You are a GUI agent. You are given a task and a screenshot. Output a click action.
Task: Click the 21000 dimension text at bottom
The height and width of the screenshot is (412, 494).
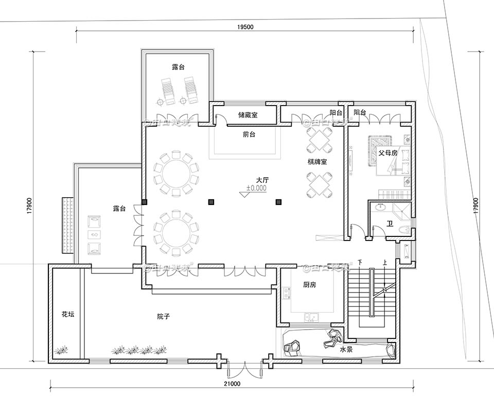tap(232, 384)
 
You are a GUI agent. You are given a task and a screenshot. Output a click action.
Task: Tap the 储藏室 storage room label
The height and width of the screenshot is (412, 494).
tap(248, 115)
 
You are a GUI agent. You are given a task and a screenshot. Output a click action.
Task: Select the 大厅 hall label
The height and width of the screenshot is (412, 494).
tap(262, 180)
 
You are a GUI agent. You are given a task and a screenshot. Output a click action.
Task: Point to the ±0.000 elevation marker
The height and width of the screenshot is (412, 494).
tap(256, 188)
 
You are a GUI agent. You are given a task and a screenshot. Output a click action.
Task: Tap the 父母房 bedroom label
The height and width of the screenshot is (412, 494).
tap(388, 153)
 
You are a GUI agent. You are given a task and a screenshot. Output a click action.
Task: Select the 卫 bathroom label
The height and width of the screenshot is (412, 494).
tap(390, 224)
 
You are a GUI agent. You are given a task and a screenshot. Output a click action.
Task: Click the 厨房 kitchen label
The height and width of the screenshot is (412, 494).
tap(309, 285)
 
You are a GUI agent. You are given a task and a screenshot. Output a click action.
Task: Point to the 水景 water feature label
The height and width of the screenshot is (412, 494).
tap(346, 350)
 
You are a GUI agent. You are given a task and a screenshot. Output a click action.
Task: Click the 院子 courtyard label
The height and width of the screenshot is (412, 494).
tap(164, 316)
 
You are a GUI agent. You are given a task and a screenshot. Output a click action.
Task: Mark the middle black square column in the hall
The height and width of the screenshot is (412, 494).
tap(210, 202)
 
